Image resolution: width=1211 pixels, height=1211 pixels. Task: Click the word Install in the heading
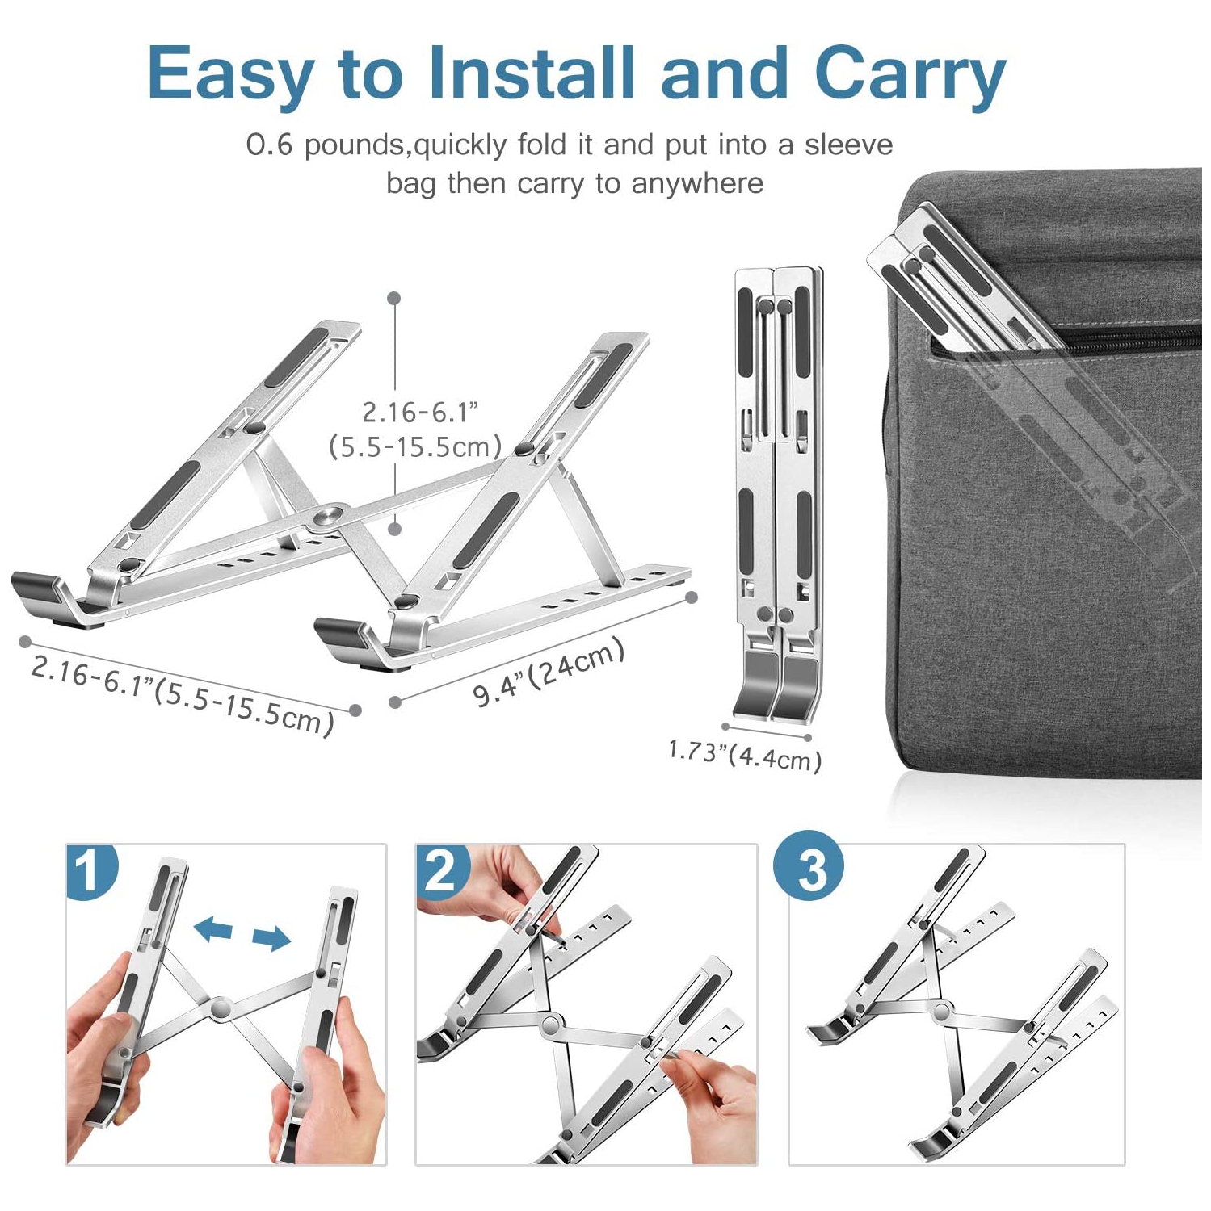click(531, 73)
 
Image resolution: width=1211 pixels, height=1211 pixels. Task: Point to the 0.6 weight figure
click(269, 145)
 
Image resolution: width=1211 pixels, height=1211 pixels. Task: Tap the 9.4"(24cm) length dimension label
click(549, 673)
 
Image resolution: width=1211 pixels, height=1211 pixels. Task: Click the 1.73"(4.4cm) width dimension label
click(744, 756)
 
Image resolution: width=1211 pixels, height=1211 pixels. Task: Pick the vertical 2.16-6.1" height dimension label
click(419, 413)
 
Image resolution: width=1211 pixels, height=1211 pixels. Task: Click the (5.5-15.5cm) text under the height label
click(415, 446)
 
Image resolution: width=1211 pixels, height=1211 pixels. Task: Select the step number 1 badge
click(90, 870)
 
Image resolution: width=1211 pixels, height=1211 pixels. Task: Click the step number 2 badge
click(442, 870)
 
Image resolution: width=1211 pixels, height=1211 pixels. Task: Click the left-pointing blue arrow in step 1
click(213, 928)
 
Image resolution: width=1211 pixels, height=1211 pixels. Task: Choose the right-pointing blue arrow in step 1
click(271, 938)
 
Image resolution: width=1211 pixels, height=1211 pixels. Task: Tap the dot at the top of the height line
click(394, 299)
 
